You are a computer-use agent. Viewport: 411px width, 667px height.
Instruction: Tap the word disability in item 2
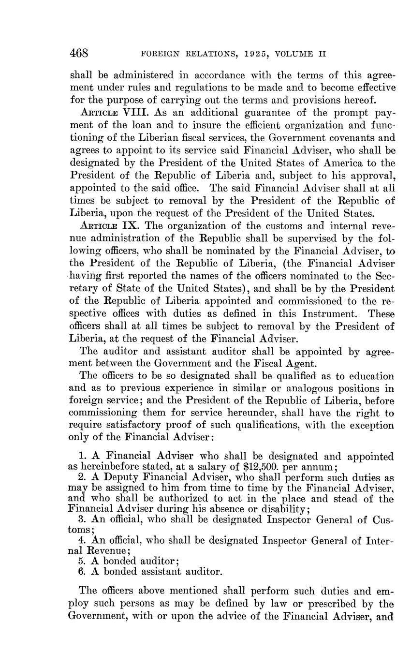284,509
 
